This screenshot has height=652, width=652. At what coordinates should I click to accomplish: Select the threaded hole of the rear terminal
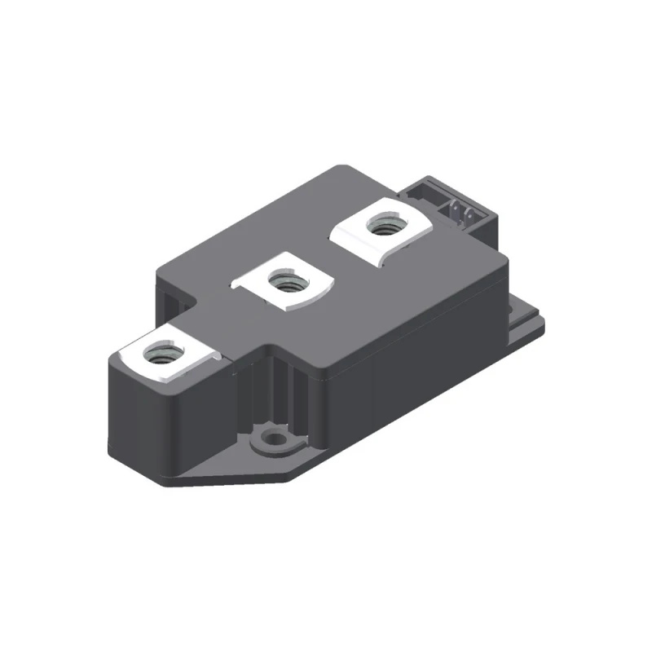[x=379, y=225]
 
